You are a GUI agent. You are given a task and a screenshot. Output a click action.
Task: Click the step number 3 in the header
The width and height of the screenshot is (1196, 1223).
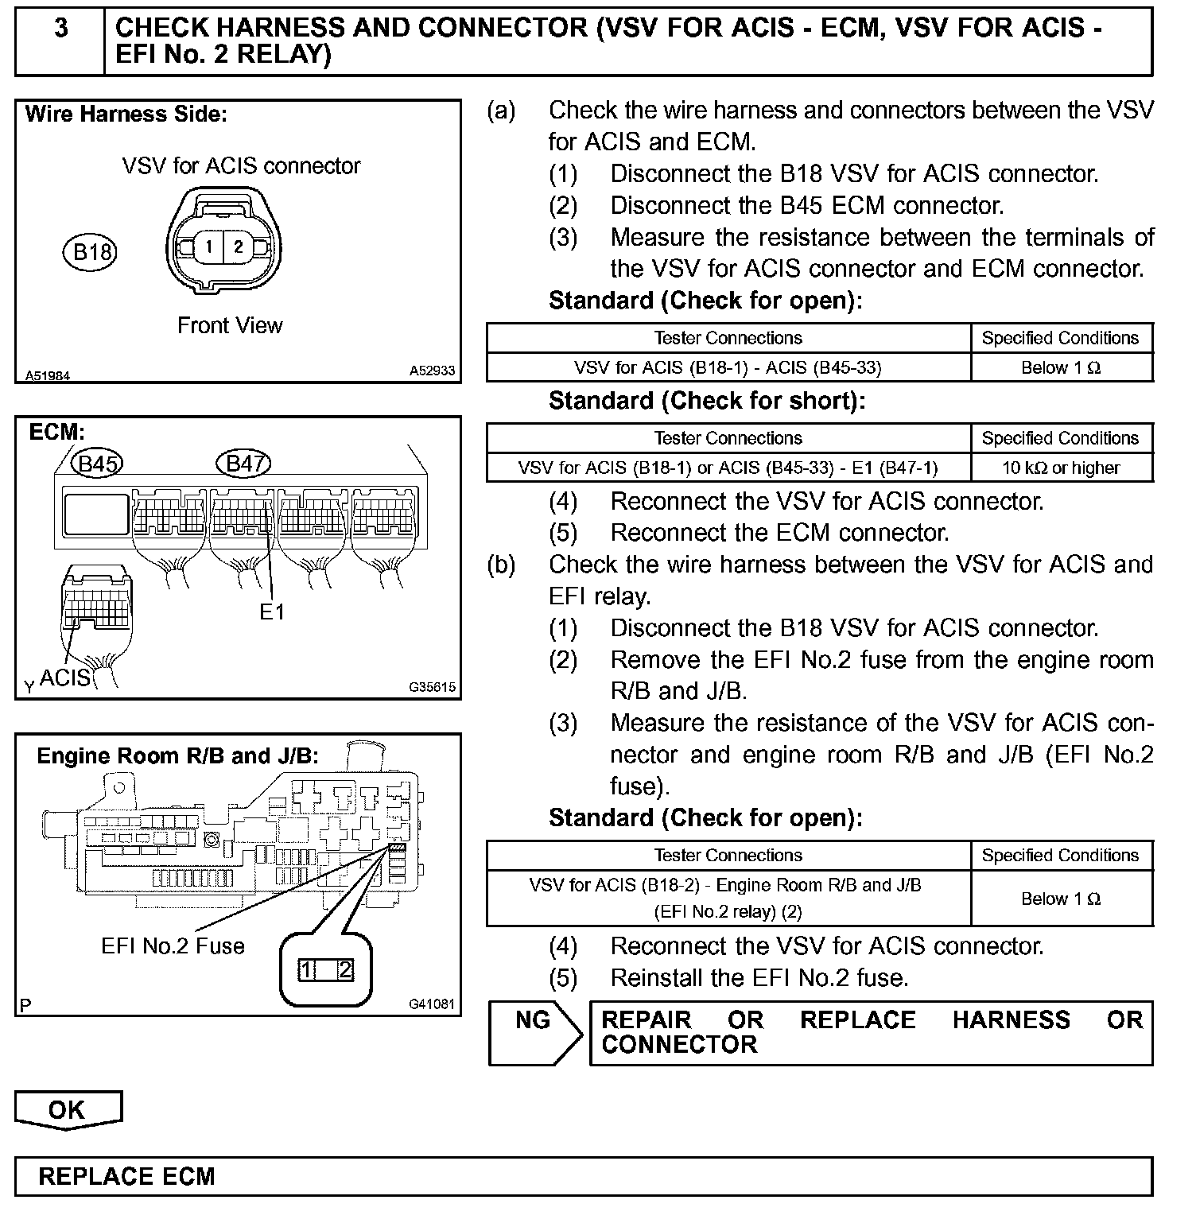(60, 29)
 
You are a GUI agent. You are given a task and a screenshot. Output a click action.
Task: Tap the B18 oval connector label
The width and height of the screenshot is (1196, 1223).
(90, 252)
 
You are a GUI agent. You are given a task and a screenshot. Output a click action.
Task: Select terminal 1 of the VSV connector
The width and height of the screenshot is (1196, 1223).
(208, 247)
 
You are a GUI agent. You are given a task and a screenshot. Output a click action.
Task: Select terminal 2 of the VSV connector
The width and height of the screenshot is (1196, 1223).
(238, 247)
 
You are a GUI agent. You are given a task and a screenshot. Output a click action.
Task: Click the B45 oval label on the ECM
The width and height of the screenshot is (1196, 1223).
(97, 463)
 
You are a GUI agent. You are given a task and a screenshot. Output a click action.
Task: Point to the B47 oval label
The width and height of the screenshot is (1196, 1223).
(243, 463)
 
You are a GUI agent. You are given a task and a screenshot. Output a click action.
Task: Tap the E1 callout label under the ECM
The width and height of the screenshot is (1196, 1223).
(272, 611)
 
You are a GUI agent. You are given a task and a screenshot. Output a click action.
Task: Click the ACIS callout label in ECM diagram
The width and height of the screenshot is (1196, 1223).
(65, 678)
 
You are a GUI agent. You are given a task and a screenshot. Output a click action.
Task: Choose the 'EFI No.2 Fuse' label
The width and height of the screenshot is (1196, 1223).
(173, 945)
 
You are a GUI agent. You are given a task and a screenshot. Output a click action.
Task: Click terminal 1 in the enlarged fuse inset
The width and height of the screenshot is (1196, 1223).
(308, 969)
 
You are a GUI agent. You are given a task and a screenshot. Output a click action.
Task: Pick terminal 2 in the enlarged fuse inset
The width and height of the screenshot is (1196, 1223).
(344, 969)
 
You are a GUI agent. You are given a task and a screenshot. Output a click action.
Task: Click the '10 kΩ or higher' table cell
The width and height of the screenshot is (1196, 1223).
(1061, 468)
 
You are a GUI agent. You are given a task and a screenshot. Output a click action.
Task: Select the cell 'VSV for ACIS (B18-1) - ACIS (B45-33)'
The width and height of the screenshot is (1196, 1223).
(728, 367)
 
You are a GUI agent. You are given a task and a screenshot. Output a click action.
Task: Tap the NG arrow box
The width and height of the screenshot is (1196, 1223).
(534, 1032)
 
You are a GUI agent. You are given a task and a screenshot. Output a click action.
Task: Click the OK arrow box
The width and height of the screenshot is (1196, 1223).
(67, 1110)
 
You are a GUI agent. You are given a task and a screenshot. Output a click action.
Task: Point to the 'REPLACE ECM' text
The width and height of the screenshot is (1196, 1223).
(126, 1176)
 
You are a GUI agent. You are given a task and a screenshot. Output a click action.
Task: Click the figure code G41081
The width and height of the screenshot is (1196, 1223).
(432, 1004)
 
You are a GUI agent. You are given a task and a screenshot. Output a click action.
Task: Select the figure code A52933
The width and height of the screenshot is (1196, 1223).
(432, 370)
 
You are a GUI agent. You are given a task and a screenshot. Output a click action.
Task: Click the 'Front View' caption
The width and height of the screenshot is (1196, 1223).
(230, 325)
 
